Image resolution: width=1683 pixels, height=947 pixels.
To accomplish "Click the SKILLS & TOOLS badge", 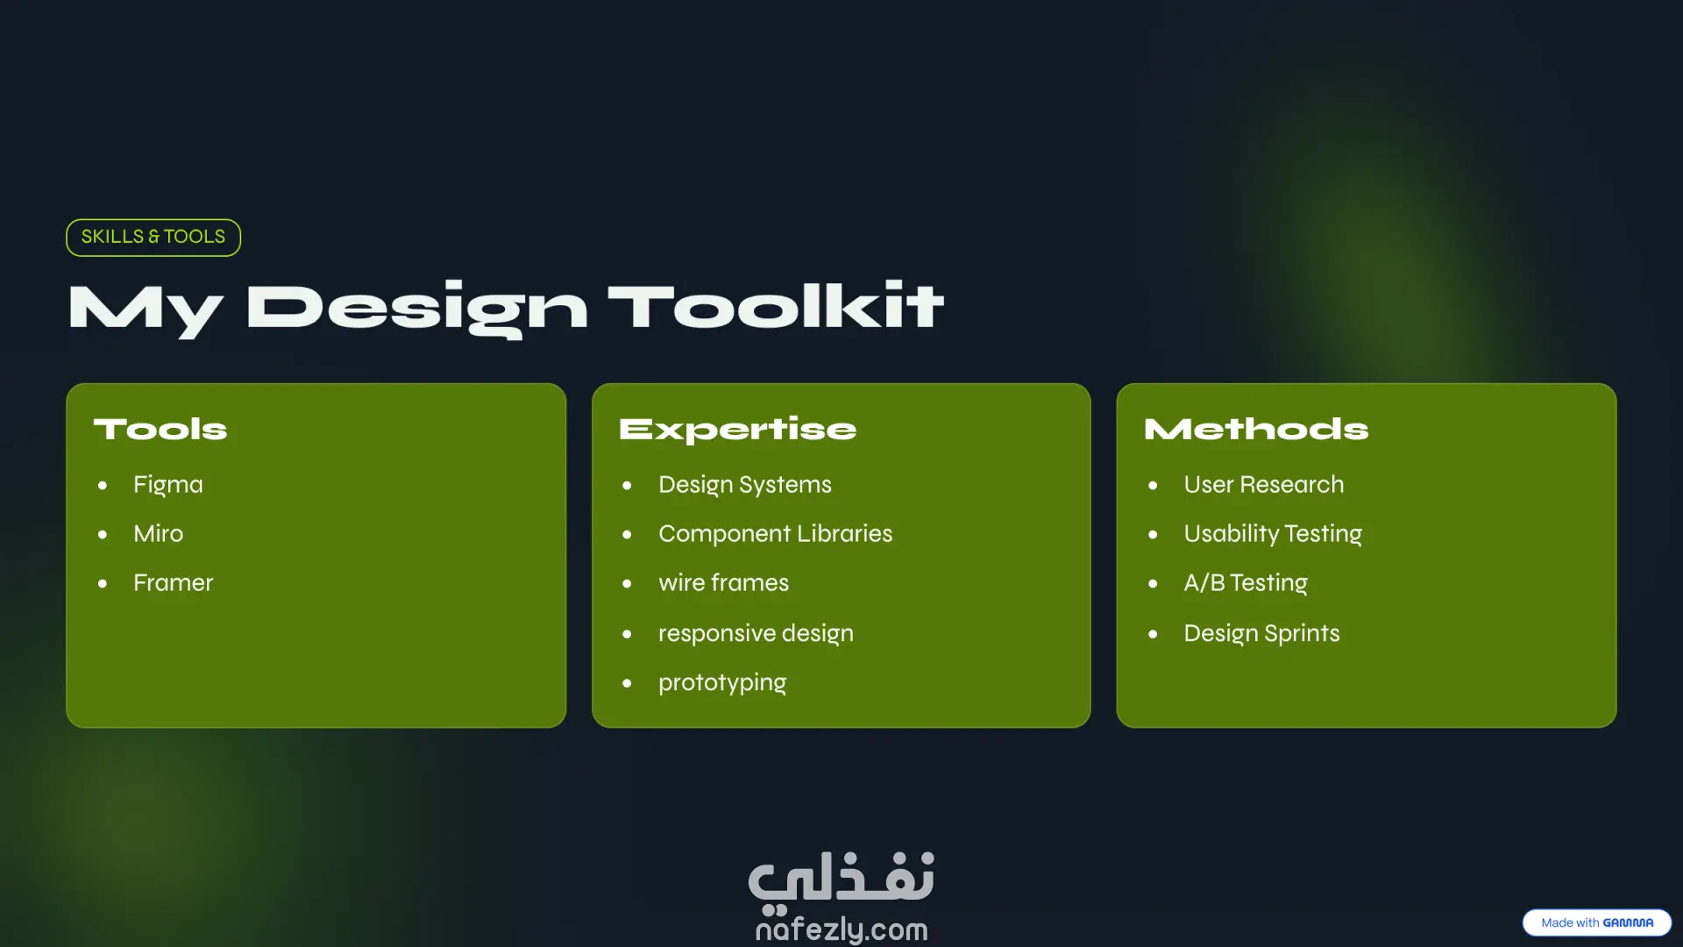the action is pos(153,238).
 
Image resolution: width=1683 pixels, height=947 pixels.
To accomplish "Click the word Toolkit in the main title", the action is pos(776,307).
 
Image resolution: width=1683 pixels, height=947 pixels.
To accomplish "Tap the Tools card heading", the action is pos(160,429).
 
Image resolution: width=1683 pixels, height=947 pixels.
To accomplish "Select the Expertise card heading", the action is pos(737,430).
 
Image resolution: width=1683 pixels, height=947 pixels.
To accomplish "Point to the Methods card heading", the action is pos(1256,429).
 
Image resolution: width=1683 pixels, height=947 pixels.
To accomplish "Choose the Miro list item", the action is pos(159,533).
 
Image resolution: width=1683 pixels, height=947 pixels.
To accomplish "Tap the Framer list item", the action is pos(174,582).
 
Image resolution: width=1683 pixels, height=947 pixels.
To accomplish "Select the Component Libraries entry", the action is pos(776,534).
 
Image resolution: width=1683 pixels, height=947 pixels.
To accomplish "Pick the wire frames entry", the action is pos(724,582).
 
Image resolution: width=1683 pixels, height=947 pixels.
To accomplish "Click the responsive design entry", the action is pos(756,634).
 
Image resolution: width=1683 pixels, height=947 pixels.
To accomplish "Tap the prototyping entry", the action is pos(722,683).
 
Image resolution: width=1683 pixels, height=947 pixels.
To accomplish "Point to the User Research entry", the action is pos(1264,484).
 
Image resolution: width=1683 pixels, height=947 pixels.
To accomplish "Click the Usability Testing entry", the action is pos(1273,534).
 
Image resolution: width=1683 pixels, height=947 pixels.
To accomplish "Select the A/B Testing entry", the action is pos(1246,583).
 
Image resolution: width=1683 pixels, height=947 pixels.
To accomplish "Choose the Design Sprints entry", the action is pos(1262,634).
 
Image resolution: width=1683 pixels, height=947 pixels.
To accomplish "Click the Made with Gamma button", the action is pos(1597,922).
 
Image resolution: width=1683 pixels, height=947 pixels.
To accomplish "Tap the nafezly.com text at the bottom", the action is pos(841,929).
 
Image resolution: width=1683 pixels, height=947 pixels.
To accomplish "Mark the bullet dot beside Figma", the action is pos(103,485).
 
